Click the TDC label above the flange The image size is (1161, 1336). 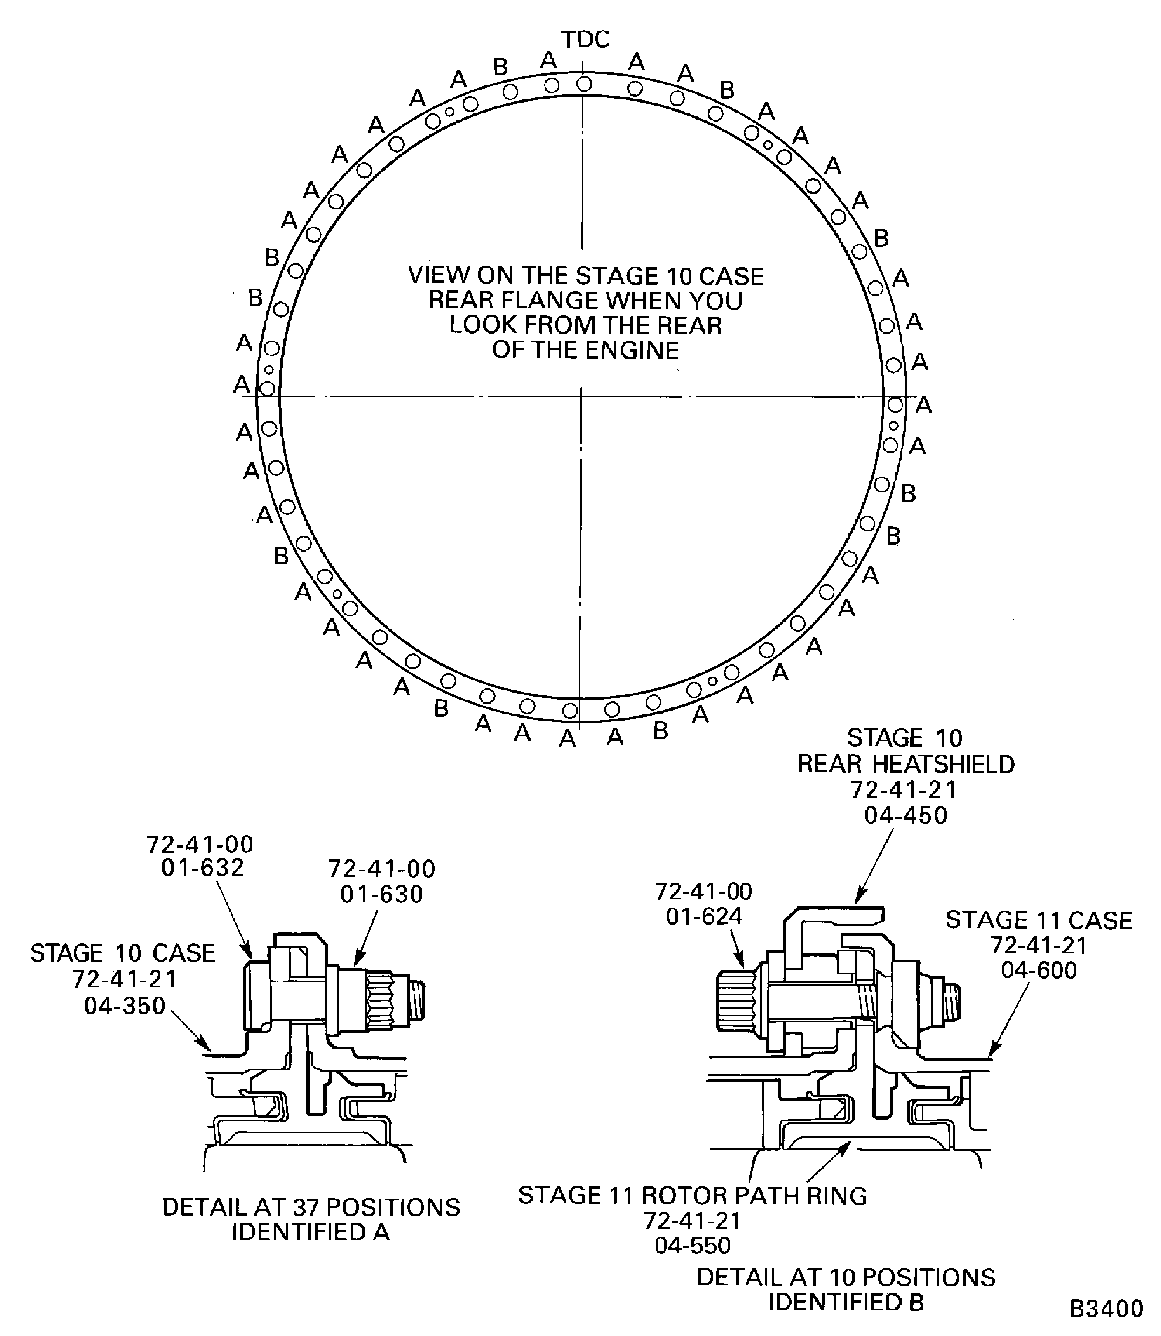pos(585,40)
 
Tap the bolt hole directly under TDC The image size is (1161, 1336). pos(584,84)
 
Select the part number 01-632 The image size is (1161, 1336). pos(202,867)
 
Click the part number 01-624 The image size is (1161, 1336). pos(704,916)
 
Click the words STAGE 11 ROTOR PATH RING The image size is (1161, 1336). pos(692,1196)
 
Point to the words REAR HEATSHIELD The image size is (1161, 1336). pos(906,764)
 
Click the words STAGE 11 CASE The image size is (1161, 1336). pos(1038,920)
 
